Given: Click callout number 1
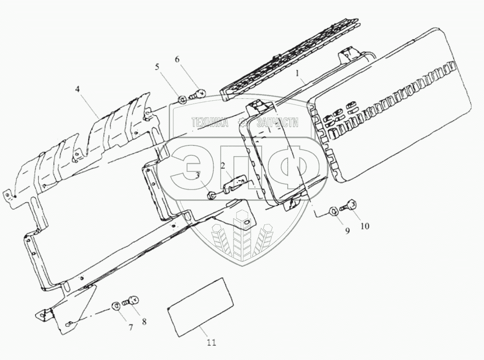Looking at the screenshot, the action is pos(297,73).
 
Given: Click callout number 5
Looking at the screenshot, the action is pos(158,67).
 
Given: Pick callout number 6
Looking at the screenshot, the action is pos(177,59).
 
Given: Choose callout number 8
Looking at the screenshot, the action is pos(144,322).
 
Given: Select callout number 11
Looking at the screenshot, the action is pos(211,343).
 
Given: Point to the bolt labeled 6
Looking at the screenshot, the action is pos(198,94).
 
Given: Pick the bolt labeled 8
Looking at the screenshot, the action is pos(130,301).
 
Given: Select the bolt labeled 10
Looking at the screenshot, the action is pos(350,206).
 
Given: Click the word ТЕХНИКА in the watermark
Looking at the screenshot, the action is pos(210,123).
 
